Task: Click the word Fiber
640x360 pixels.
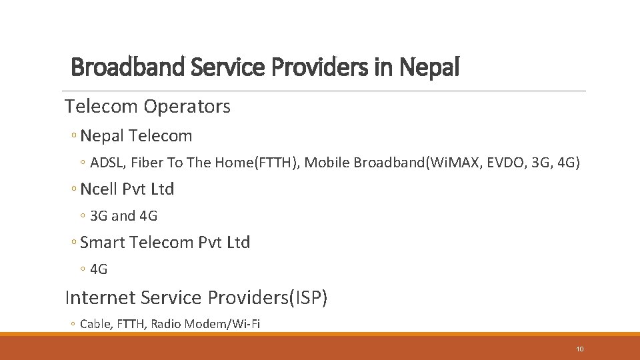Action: tap(143, 163)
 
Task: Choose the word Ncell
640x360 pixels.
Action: tap(99, 189)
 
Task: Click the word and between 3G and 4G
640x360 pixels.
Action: tap(123, 216)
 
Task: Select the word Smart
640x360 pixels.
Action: tap(103, 243)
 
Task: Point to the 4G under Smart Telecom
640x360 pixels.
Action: tap(99, 269)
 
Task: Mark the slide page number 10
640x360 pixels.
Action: tap(580, 349)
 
